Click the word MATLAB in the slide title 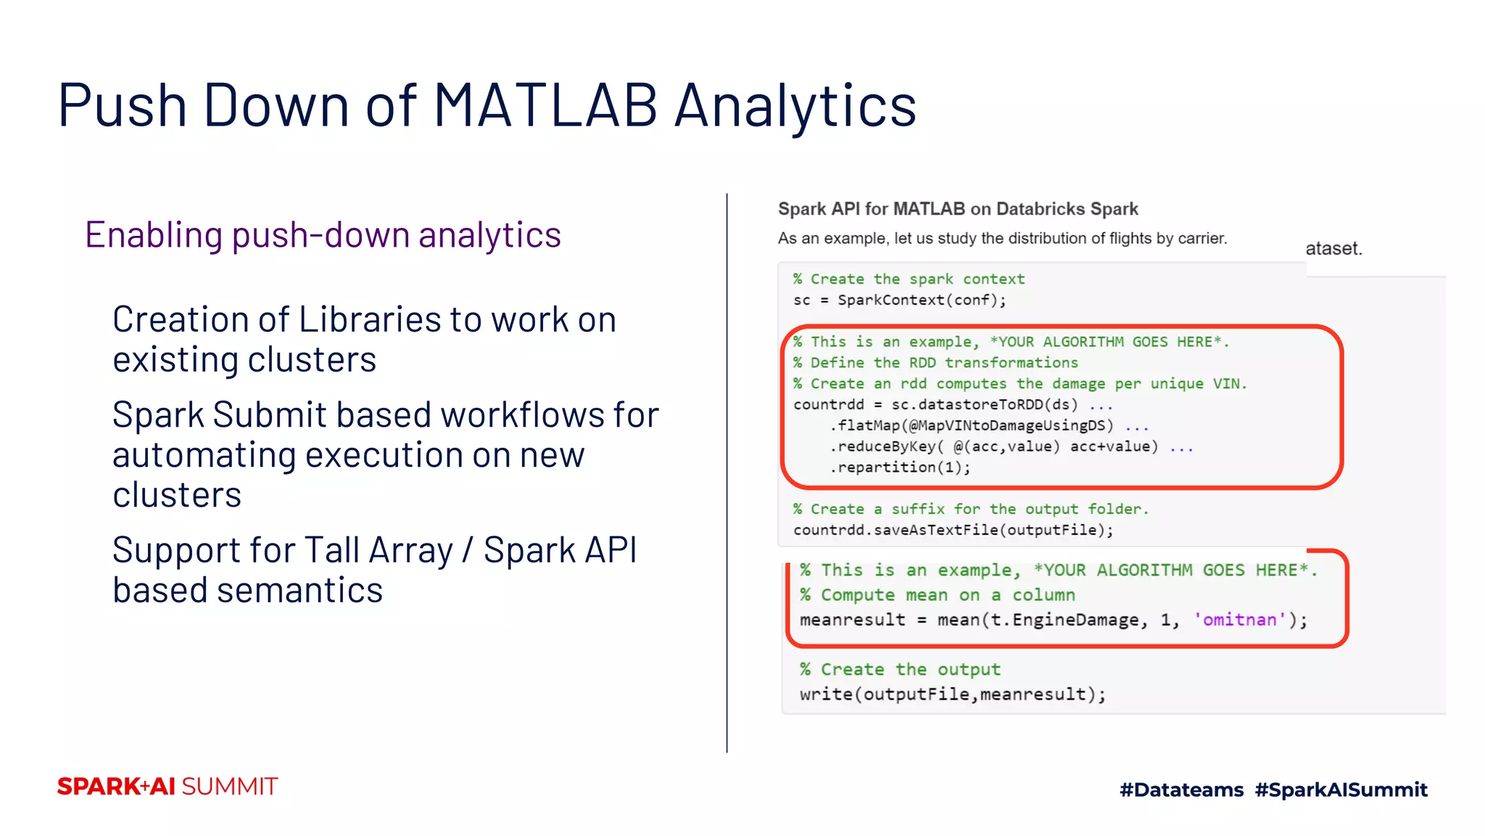[545, 106]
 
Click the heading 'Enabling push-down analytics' [323, 235]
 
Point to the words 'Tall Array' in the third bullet [378, 550]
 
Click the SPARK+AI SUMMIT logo [167, 787]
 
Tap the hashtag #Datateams [1181, 790]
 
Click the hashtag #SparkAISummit [1341, 790]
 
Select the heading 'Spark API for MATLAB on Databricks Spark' [957, 209]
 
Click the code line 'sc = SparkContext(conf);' [899, 300]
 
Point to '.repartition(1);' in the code [899, 467]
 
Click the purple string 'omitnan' [1239, 620]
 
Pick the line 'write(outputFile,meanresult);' [953, 694]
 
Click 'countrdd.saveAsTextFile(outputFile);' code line [953, 530]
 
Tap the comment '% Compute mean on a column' [937, 595]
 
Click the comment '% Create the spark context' [909, 279]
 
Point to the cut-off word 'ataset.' [1333, 249]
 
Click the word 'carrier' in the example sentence [1201, 239]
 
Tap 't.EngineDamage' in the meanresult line [1066, 620]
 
